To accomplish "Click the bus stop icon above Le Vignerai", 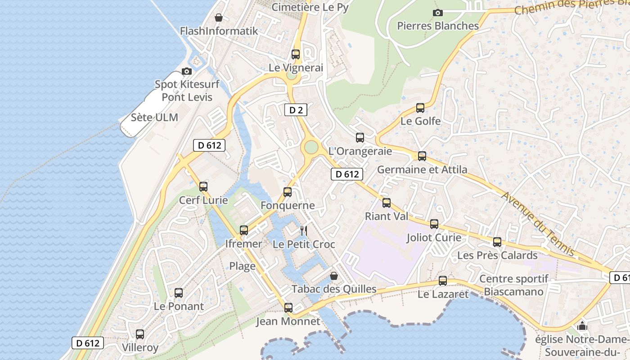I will click(296, 54).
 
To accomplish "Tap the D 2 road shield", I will click(296, 110).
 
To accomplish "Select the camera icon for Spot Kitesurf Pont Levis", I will click(186, 71).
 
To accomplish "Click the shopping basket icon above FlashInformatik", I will click(219, 18).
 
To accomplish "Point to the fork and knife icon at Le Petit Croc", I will click(304, 231).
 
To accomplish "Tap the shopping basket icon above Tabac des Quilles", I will click(334, 275).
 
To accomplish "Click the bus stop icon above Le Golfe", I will click(420, 108).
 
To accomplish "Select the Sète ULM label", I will click(154, 117).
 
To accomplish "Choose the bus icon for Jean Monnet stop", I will click(288, 308).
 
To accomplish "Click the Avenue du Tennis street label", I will click(538, 224).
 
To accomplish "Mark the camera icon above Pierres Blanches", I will click(437, 13).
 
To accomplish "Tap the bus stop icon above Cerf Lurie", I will click(203, 187).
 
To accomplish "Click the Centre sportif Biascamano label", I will click(513, 285).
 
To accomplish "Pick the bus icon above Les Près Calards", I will click(497, 242).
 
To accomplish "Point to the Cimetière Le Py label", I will click(310, 7).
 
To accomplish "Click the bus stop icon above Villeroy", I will click(140, 334).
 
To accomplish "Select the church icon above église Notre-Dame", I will click(583, 326).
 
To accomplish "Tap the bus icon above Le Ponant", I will click(179, 293).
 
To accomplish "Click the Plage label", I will click(242, 266).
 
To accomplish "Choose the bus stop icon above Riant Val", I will click(387, 203).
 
